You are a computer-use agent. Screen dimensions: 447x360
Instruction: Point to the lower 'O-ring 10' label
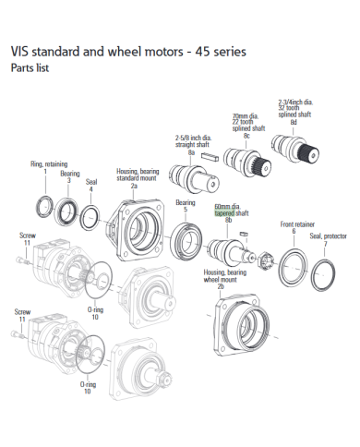[x=88, y=386]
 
